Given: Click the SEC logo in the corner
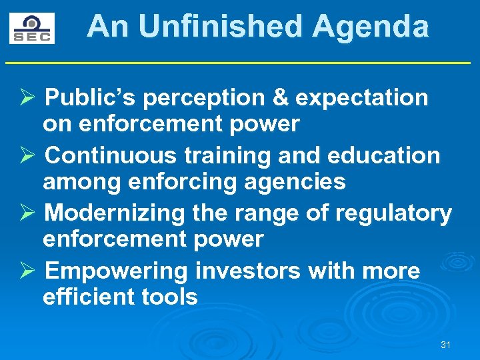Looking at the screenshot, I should [32, 28].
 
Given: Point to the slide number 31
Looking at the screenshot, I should [446, 345].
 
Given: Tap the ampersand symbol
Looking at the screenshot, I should [281, 99].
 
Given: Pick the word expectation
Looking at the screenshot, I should [361, 99].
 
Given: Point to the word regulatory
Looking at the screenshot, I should [393, 213].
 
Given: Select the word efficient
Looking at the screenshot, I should [87, 296].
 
